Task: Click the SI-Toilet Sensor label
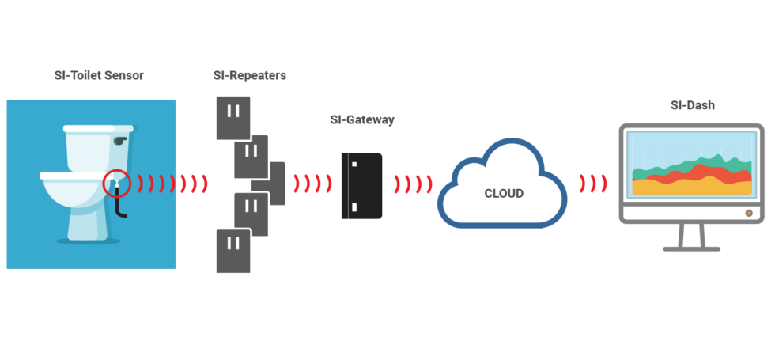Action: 99,76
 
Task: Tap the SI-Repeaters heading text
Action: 250,76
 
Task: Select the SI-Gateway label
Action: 362,119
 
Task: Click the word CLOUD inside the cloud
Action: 504,193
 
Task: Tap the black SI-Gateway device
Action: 361,186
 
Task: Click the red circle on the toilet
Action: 116,183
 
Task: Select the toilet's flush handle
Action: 119,141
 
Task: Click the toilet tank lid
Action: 98,128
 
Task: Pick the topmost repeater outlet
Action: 233,118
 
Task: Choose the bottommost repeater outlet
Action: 233,252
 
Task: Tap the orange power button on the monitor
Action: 749,213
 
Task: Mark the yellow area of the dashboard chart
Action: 691,187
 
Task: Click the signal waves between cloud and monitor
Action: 593,184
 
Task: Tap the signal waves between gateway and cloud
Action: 413,184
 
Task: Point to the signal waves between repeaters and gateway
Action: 312,184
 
